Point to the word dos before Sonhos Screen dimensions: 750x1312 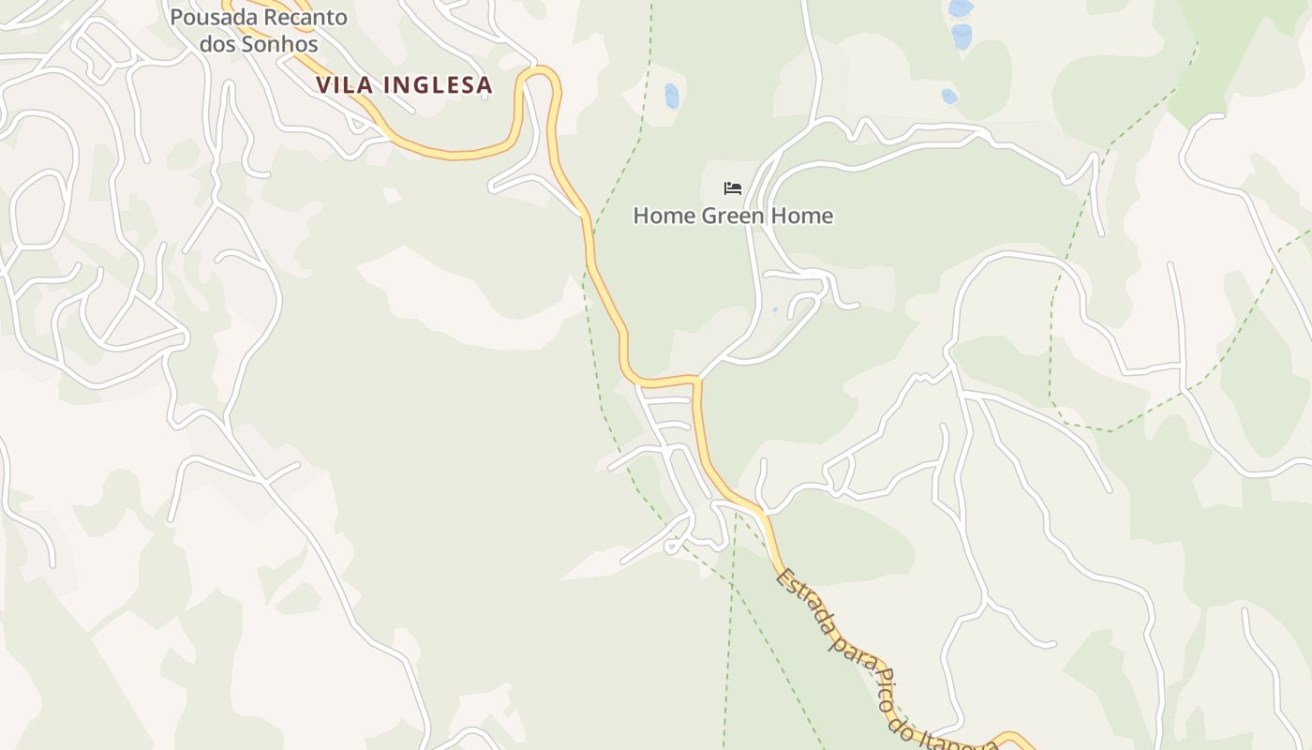(216, 44)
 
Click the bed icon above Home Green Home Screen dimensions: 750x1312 (733, 188)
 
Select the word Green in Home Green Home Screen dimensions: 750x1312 (732, 216)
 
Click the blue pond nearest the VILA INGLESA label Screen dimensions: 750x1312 (671, 96)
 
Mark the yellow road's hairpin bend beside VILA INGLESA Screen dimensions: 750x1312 (540, 73)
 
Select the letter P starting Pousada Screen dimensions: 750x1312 (177, 17)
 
